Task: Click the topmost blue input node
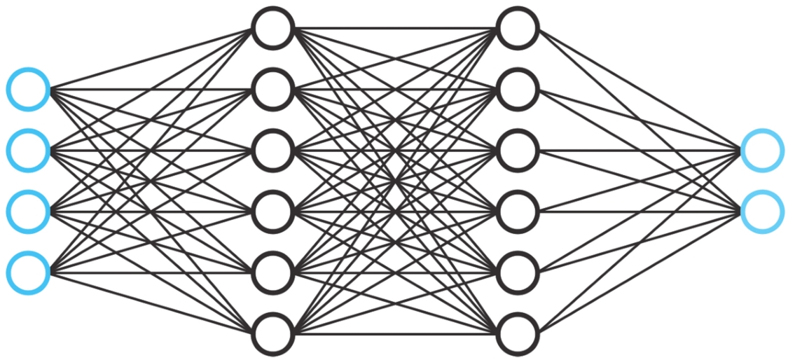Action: pos(29,89)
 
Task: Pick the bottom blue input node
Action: pos(29,272)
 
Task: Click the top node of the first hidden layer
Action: pos(272,28)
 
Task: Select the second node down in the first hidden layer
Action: pos(272,89)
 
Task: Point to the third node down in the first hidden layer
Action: pos(272,150)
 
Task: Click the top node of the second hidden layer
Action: pos(517,28)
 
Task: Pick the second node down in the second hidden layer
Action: pos(517,89)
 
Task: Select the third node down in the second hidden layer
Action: pos(517,150)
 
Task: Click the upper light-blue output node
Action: pos(761,150)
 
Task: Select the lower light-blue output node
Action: pos(761,211)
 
